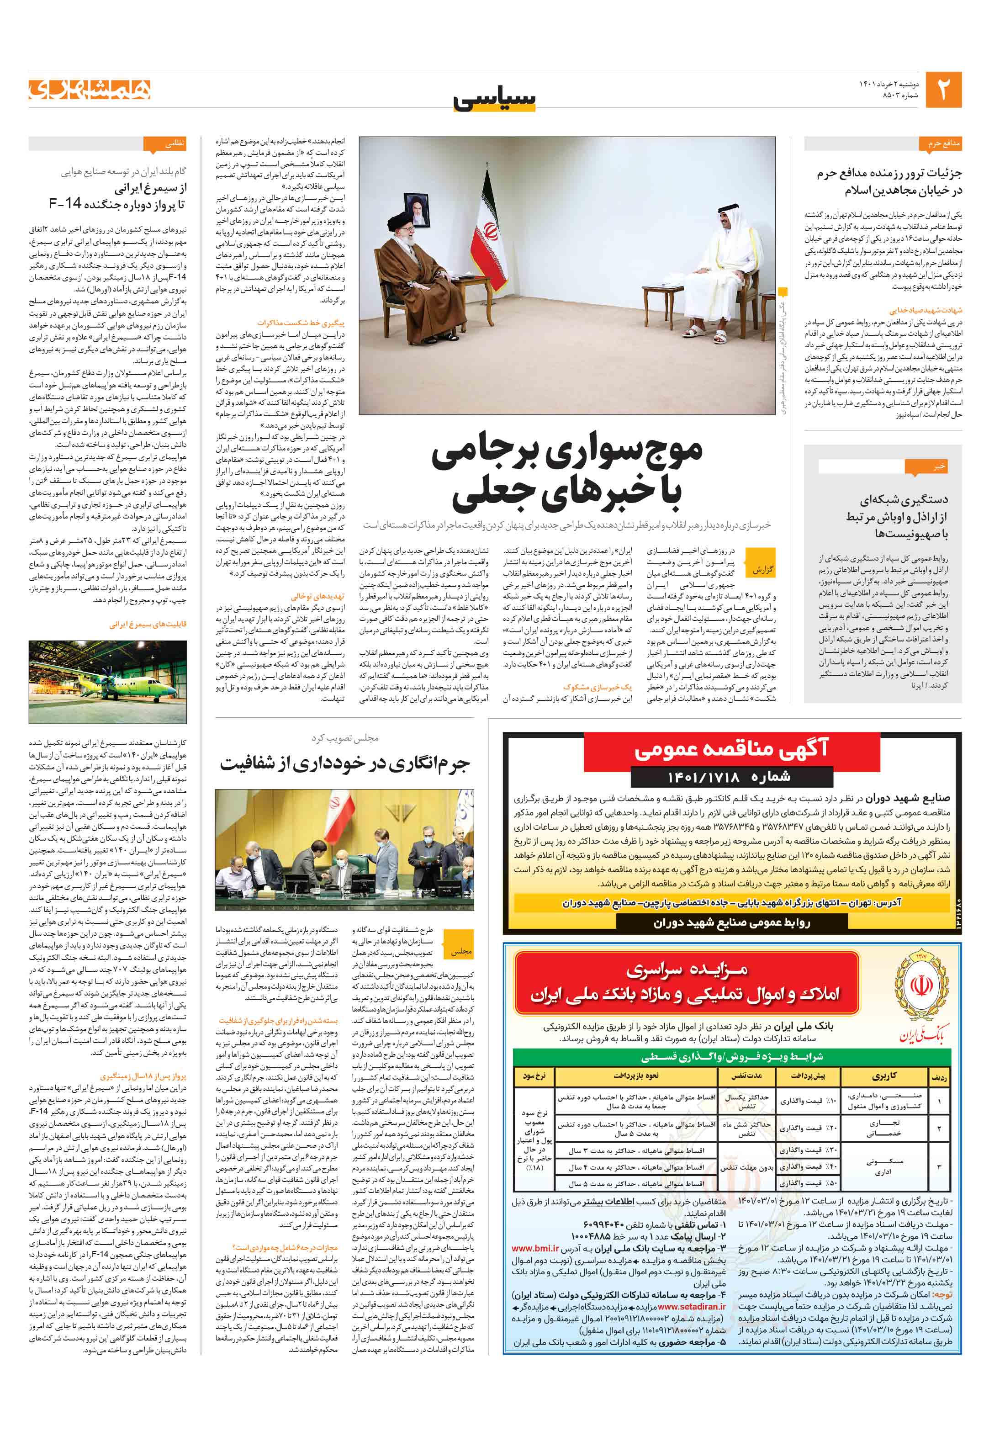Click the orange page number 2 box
point(942,90)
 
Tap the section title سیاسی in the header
point(495,99)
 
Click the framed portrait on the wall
point(417,209)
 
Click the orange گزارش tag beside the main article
point(762,570)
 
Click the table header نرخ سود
point(534,1076)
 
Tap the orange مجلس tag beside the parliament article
point(461,951)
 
